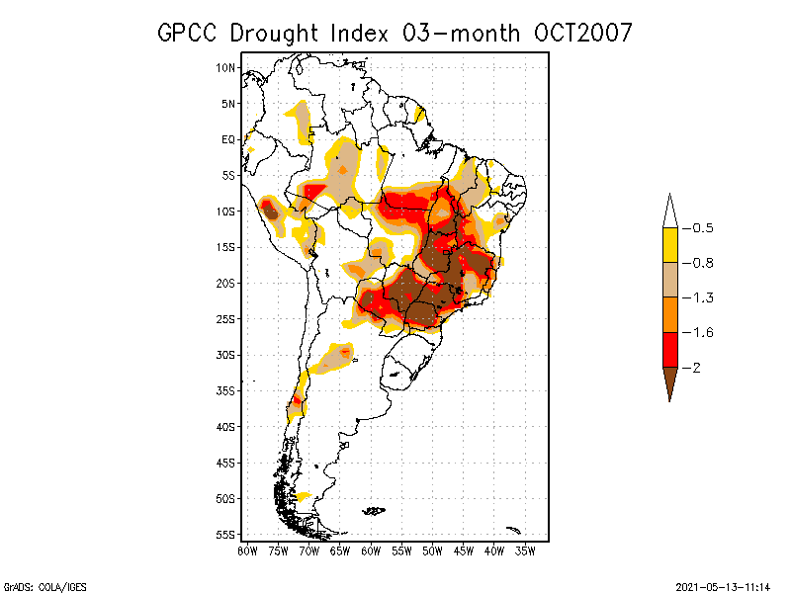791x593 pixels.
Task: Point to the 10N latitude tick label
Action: [225, 68]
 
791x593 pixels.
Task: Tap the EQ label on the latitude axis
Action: [227, 139]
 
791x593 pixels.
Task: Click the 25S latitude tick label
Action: [225, 319]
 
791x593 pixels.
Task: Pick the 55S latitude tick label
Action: [225, 535]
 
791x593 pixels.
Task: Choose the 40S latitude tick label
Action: [225, 427]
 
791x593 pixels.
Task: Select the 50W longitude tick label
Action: [432, 551]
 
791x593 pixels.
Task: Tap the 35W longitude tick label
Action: [525, 551]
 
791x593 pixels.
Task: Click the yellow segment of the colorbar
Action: [669, 245]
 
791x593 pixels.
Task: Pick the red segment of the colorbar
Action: [669, 349]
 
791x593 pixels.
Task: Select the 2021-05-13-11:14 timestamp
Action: [722, 585]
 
